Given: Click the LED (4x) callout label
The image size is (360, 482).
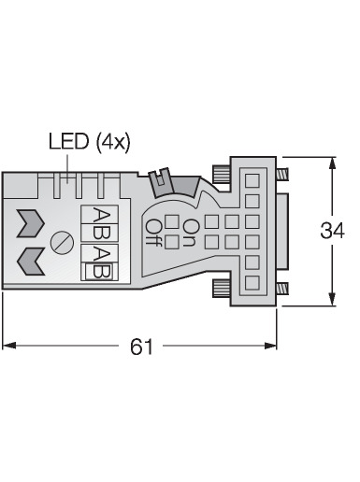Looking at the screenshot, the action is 90,142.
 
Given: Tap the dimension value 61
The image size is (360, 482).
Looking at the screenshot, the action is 141,347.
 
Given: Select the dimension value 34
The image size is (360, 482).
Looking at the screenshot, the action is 332,231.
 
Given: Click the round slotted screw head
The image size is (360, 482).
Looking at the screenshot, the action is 62,242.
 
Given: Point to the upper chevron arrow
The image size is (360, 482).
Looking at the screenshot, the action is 30,223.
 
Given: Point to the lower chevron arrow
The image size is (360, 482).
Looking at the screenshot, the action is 30,262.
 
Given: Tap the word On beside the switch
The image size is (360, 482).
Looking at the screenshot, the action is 190,233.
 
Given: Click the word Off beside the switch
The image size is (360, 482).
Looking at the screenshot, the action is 153,233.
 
